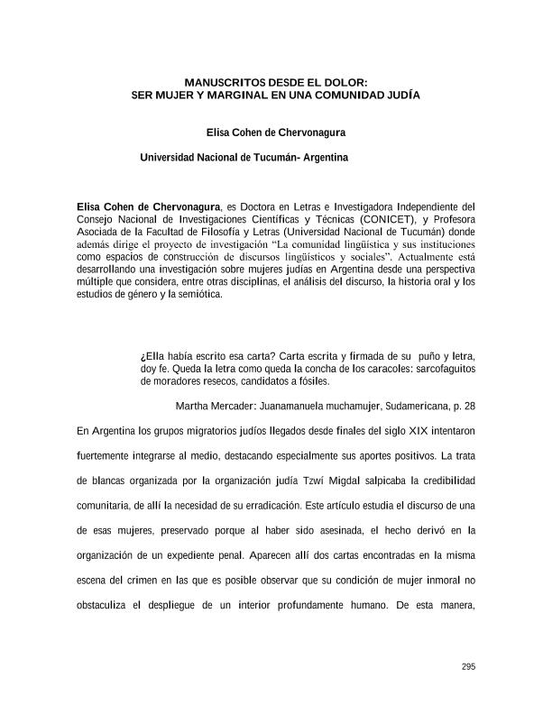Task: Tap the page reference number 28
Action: point(469,407)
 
